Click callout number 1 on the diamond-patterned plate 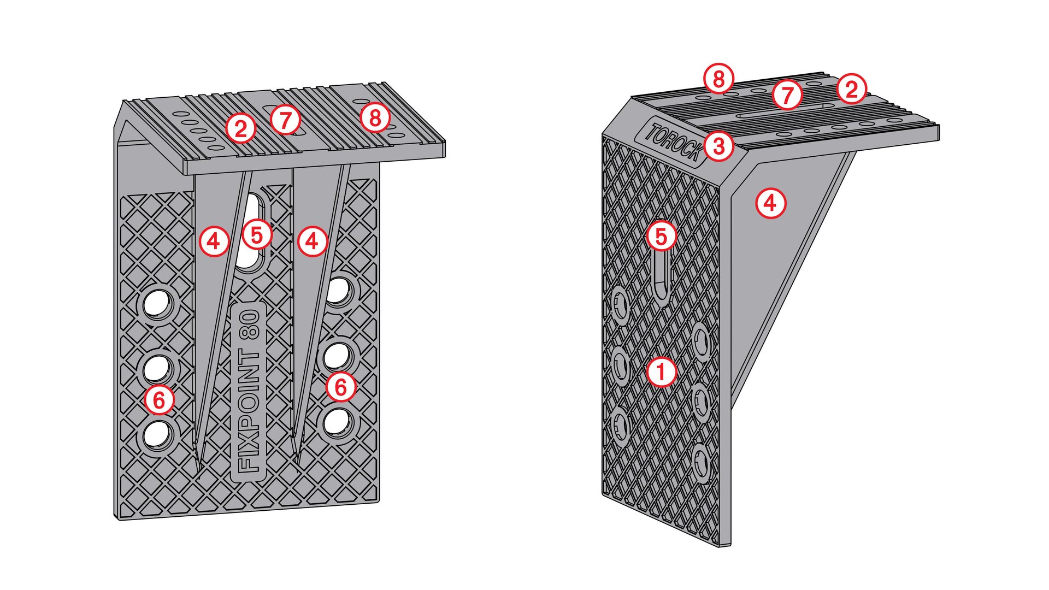(661, 372)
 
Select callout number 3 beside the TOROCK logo (718, 146)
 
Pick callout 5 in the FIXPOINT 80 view (257, 234)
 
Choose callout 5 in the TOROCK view (661, 237)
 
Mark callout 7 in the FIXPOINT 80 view (285, 119)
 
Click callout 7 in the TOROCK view (787, 95)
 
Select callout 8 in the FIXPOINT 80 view (375, 117)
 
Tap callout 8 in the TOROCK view (718, 79)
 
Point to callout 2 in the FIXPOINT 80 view (240, 128)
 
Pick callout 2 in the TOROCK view (851, 88)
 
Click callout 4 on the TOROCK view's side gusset (770, 203)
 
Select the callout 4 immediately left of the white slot (214, 241)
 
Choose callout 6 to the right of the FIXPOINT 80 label (341, 387)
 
